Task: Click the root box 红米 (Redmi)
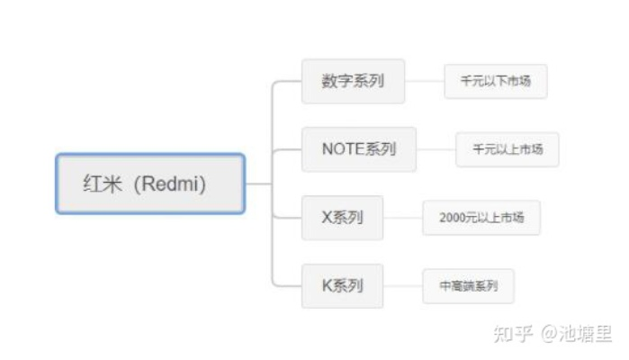coord(150,184)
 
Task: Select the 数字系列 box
coord(353,81)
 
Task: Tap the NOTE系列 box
coord(358,149)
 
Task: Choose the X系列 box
coord(341,218)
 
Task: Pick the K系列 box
coord(341,286)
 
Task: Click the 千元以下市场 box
coord(495,81)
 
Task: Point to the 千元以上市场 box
coord(507,149)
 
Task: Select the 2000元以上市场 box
coord(481,218)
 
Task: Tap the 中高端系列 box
coord(469,286)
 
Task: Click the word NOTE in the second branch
coord(342,149)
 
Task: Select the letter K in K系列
coord(327,286)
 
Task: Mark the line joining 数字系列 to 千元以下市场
coord(425,81)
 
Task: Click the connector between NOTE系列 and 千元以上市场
coord(436,149)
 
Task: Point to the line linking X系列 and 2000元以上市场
coord(403,218)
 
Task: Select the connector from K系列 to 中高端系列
coord(403,286)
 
